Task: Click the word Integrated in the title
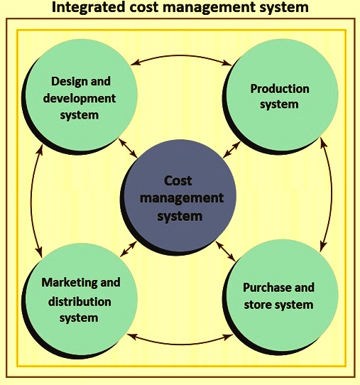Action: tap(88, 7)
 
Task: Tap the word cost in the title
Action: tap(144, 7)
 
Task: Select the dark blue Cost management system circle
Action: tap(178, 197)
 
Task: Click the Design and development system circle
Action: tap(80, 97)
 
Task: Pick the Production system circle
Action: tap(280, 97)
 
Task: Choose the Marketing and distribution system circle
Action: tap(80, 300)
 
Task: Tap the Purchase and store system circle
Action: tap(280, 298)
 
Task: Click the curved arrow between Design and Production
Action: tap(181, 56)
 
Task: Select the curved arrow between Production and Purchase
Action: tap(331, 194)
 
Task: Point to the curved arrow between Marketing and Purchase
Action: tap(180, 344)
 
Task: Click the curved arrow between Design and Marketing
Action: tap(31, 200)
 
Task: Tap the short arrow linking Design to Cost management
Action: tap(128, 148)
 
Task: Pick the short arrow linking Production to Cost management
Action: tap(231, 150)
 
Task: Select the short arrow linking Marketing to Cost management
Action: tap(129, 249)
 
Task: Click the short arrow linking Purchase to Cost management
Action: tap(226, 251)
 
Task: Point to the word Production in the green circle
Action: tap(280, 89)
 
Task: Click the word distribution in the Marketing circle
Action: tap(80, 302)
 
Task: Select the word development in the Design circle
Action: tap(80, 99)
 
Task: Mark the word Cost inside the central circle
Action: tap(178, 181)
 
